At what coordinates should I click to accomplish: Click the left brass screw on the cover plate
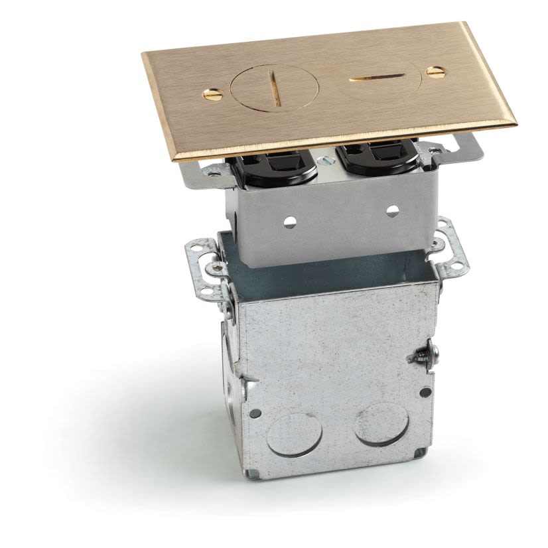click(x=213, y=95)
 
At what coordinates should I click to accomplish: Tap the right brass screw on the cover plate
click(x=436, y=72)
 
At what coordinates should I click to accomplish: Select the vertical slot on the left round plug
click(x=273, y=90)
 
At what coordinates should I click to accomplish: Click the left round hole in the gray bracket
click(x=290, y=222)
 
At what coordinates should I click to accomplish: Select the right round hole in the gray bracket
click(x=393, y=211)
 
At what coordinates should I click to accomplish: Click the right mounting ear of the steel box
click(x=452, y=247)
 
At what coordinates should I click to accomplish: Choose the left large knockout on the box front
click(x=294, y=435)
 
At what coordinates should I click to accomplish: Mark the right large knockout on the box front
click(x=381, y=424)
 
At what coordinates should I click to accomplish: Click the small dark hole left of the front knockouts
click(x=255, y=413)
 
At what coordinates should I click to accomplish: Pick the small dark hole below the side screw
click(x=425, y=392)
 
